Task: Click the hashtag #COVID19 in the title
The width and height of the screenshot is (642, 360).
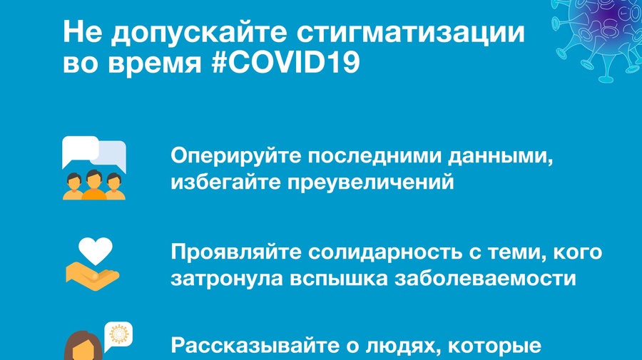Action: click(x=286, y=63)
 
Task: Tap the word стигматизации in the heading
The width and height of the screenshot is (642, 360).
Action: click(x=410, y=32)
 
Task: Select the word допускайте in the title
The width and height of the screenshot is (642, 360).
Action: click(x=199, y=33)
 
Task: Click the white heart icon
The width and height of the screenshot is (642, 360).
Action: click(x=96, y=251)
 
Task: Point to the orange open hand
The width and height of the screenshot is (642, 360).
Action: click(x=92, y=277)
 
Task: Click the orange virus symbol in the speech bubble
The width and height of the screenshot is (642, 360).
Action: click(x=119, y=334)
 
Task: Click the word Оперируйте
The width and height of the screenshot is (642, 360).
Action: click(x=236, y=156)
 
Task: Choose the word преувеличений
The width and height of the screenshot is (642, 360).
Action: click(x=370, y=182)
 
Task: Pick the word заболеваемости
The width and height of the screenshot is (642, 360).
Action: click(x=485, y=279)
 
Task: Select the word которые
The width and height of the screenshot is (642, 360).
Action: click(x=494, y=346)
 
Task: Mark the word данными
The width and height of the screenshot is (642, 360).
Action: click(x=500, y=156)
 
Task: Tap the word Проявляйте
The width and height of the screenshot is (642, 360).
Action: click(x=236, y=252)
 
